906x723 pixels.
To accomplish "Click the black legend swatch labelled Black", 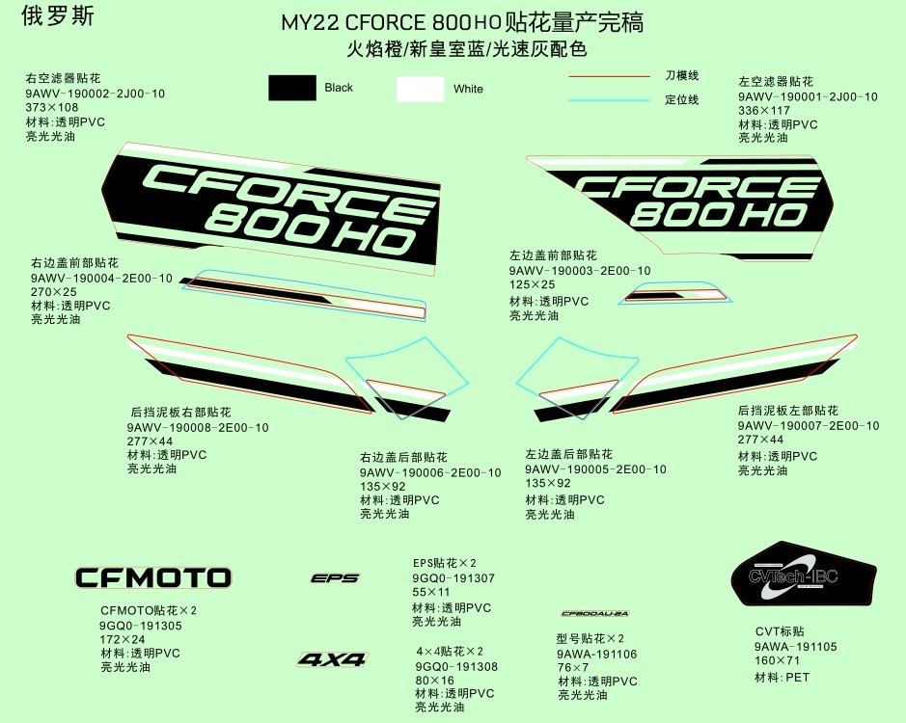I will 292,88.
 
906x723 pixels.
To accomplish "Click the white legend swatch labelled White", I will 420,89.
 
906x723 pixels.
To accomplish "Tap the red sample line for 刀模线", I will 609,75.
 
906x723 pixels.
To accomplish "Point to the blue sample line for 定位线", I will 609,99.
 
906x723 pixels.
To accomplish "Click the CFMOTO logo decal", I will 153,578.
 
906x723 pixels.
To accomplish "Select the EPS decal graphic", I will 335,578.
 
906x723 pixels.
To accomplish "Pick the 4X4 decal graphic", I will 332,660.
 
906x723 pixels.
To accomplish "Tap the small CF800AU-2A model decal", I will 595,613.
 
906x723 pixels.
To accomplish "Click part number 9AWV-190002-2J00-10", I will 96,94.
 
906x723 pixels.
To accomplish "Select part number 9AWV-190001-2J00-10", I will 808,96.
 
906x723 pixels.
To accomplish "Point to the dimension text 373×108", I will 52,108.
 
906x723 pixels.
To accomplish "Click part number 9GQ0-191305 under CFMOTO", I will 141,625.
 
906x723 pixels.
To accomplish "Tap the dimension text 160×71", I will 778,661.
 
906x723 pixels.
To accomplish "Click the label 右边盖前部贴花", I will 74,263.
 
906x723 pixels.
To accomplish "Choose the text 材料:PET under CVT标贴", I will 782,678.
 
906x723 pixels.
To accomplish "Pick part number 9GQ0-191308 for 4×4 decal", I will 456,666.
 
